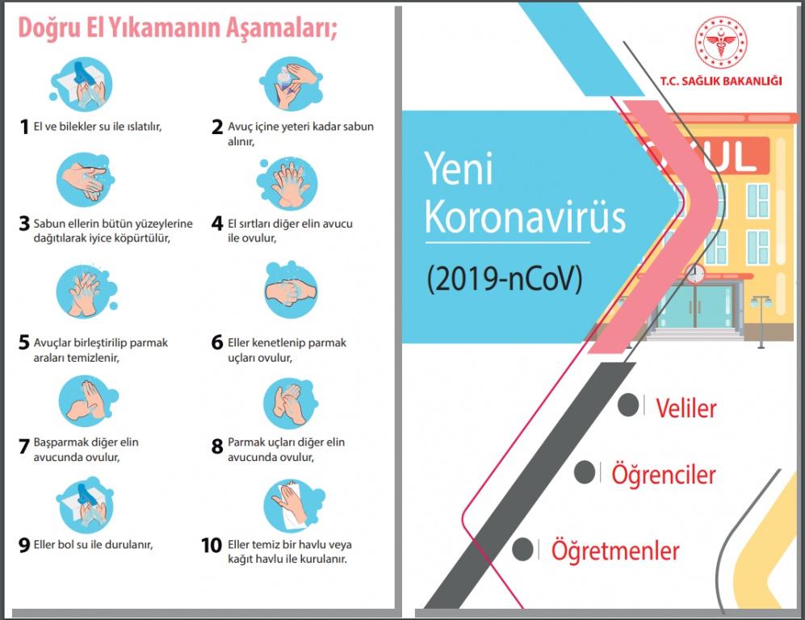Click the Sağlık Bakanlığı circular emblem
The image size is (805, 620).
pos(721,42)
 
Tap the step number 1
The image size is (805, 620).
pos(23,127)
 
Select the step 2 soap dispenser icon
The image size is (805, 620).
pos(291,84)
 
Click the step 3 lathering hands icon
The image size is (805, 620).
pos(86,180)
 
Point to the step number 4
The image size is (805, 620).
pos(217,224)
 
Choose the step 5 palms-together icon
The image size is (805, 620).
pos(86,291)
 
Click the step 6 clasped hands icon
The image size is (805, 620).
pos(291,290)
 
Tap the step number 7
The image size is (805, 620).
pos(23,446)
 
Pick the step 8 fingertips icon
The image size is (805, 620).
pos(291,404)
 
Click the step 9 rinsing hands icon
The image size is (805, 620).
pos(85,505)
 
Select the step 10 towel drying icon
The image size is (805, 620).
pos(294,505)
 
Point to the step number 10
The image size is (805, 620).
pos(212,545)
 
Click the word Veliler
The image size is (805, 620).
pos(686,408)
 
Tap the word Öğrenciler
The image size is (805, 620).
pos(664,474)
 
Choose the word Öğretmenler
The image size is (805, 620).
pos(615,551)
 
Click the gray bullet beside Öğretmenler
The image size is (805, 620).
pos(522,550)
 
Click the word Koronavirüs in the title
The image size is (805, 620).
pos(525,216)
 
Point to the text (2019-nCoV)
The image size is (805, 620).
pos(505,279)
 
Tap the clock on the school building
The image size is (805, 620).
pos(695,273)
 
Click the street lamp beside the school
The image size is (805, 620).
pos(761,322)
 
